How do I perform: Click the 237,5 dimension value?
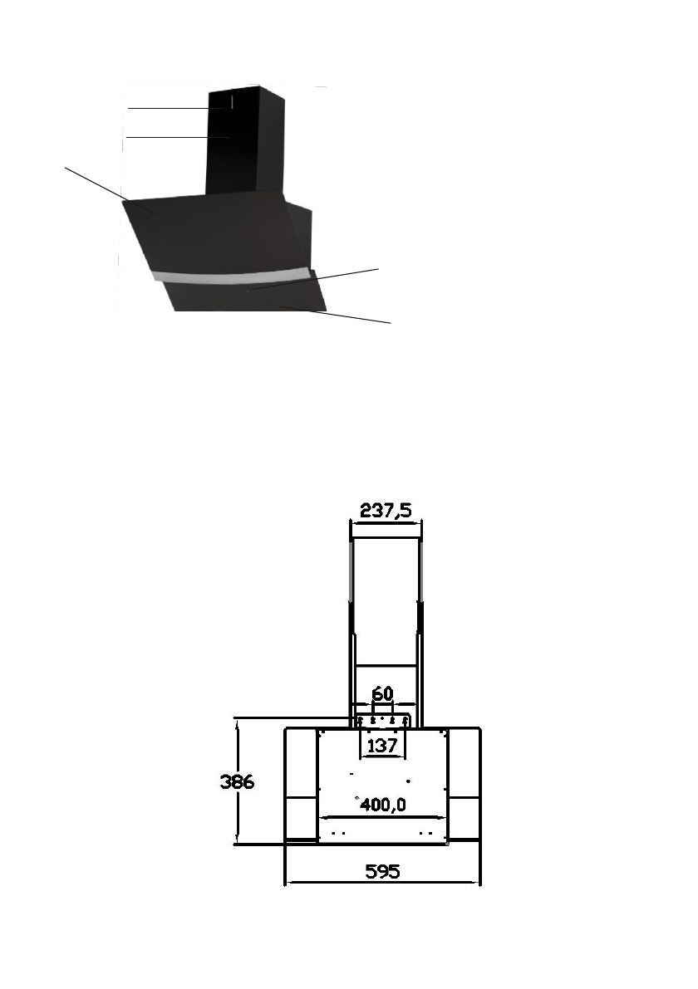386,510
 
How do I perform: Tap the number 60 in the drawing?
382,694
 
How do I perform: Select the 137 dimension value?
381,746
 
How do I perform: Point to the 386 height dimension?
238,782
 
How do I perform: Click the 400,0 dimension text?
383,805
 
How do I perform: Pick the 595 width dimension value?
382,871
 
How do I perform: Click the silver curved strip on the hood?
233,277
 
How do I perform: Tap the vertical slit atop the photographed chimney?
232,102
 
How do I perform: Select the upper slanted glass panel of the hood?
214,233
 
